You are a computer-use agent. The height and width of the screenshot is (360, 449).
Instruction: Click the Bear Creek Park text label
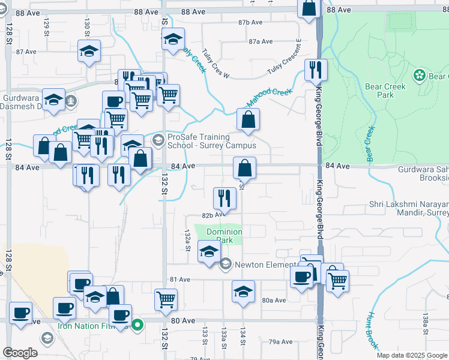[x=385, y=91]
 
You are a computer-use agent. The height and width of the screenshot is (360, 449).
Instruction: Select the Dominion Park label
[x=224, y=236]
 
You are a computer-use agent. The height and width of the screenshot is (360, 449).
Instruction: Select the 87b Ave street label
[x=250, y=22]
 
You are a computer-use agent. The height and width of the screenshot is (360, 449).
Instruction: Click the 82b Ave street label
[x=213, y=214]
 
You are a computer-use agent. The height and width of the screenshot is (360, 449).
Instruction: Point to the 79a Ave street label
[x=280, y=341]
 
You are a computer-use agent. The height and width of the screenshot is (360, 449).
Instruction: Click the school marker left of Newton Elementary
[x=208, y=251]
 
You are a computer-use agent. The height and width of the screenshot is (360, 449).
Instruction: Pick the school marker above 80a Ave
[x=243, y=292]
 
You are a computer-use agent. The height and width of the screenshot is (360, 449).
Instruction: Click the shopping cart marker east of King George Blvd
[x=338, y=280]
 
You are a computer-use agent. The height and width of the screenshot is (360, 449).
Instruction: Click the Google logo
[x=20, y=353]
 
